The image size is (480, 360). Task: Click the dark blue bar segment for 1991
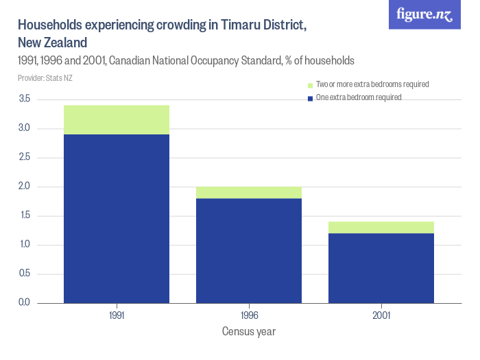click(x=117, y=218)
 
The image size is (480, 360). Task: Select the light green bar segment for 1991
click(x=117, y=119)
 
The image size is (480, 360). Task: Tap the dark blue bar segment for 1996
click(x=249, y=250)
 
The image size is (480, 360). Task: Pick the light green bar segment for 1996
click(x=249, y=192)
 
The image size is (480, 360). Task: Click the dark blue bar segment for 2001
click(x=381, y=267)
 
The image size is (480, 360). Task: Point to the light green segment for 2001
click(x=381, y=227)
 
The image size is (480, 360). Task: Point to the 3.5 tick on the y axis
click(x=25, y=99)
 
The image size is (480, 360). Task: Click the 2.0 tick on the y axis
click(x=25, y=187)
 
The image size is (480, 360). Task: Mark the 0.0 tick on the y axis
click(x=25, y=303)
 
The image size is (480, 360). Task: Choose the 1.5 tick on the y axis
click(x=25, y=216)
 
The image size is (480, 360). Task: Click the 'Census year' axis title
click(x=249, y=332)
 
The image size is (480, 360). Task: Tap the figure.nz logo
click(x=424, y=14)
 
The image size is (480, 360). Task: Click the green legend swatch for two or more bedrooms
click(x=310, y=85)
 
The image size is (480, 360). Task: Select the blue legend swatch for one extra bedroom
click(x=310, y=98)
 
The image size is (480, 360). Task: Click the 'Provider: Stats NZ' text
click(x=45, y=77)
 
